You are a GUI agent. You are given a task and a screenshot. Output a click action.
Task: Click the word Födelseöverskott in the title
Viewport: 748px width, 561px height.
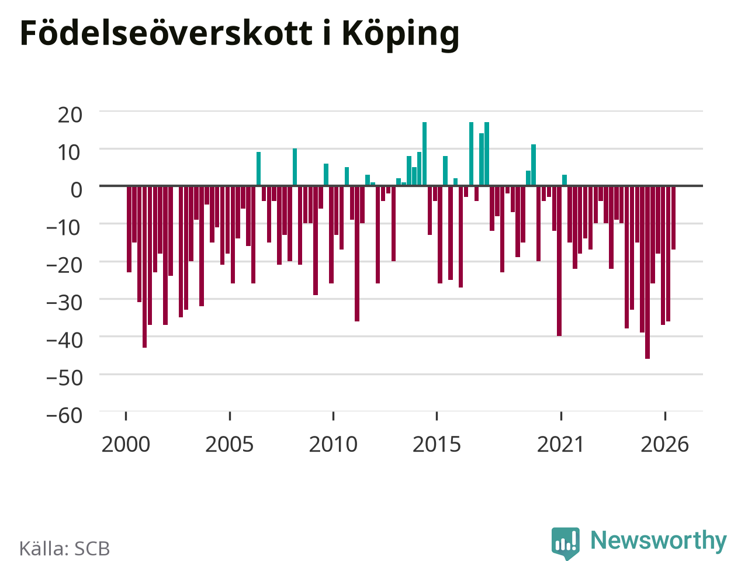(167, 33)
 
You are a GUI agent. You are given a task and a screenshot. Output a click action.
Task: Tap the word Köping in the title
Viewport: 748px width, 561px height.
(400, 35)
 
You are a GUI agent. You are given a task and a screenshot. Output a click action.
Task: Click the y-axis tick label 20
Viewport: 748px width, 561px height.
(70, 115)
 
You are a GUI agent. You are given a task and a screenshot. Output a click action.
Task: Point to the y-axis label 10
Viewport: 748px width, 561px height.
(70, 153)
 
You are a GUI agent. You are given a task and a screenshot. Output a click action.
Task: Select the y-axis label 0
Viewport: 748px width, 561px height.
(77, 190)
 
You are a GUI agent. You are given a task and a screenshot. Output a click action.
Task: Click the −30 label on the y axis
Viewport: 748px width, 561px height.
(64, 303)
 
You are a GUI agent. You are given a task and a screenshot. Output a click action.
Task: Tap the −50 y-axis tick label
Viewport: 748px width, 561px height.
(64, 378)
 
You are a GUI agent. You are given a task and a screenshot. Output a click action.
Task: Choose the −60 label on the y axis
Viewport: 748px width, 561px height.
(64, 415)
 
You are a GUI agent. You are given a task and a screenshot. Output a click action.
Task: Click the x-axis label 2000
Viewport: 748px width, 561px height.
(126, 445)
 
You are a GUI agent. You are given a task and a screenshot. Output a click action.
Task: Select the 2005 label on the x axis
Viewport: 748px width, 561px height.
(229, 445)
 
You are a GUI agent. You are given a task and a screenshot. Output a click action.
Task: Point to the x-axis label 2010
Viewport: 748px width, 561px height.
(333, 445)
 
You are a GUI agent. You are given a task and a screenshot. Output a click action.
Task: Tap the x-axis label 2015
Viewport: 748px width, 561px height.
(437, 445)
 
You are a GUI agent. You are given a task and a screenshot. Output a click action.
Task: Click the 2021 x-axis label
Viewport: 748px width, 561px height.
(560, 445)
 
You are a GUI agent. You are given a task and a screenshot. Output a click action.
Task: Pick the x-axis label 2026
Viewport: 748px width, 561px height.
(664, 445)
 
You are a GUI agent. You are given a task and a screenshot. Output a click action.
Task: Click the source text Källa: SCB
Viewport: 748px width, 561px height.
(64, 549)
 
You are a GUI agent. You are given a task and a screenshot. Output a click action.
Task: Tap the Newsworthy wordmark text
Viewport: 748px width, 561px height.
(659, 540)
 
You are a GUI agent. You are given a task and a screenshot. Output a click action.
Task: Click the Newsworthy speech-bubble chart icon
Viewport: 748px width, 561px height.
(565, 542)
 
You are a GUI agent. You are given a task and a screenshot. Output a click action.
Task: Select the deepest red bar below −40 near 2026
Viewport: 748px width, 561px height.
(647, 272)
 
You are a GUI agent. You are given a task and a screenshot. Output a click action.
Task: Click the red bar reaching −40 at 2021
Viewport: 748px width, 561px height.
(559, 261)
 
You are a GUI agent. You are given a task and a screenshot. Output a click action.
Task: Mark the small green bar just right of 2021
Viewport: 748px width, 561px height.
(565, 180)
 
